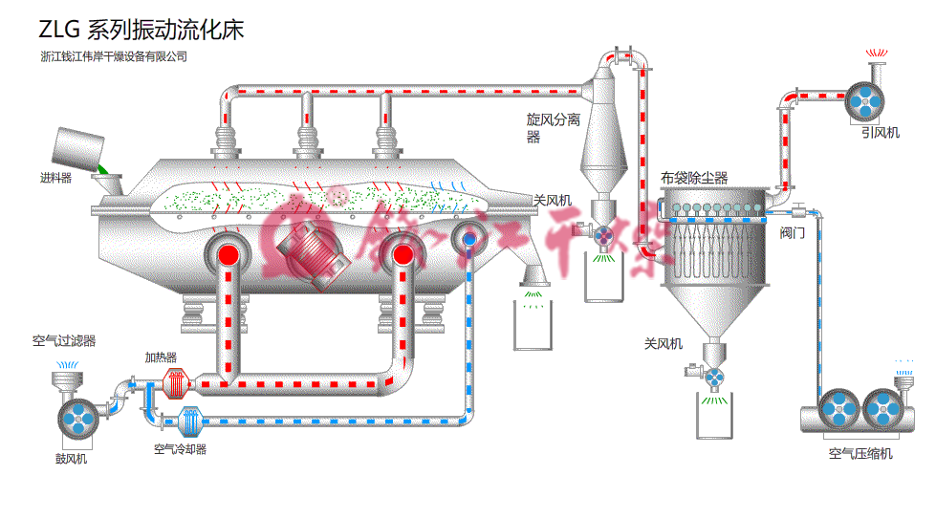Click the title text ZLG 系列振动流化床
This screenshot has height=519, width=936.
coord(141,30)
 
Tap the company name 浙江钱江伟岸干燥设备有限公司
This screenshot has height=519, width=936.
coord(114,56)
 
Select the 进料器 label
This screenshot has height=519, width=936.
coord(55,178)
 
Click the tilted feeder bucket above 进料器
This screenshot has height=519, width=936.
coord(75,148)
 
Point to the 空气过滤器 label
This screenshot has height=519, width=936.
coord(63,340)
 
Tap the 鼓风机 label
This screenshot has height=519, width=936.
coord(71,459)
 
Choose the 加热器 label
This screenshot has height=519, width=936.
coord(161,357)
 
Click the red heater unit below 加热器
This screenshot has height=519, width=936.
coord(174,383)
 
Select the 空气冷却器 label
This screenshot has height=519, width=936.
coord(181,448)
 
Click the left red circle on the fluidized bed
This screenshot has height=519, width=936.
coord(229,255)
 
